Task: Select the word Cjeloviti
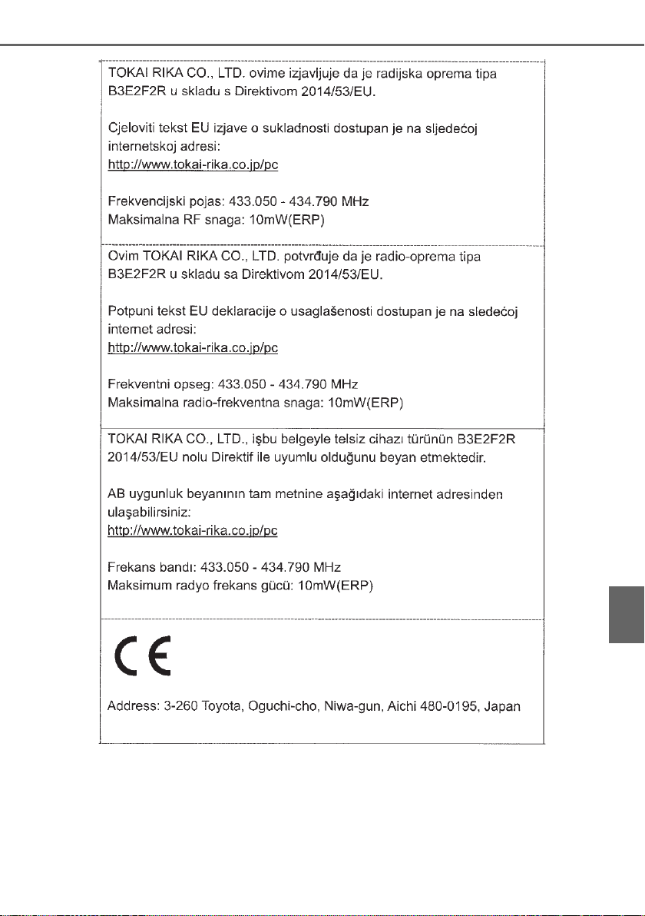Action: click(128, 128)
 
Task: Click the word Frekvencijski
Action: click(145, 201)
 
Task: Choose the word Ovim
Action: click(120, 256)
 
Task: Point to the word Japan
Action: click(505, 705)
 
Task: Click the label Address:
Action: click(131, 705)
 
